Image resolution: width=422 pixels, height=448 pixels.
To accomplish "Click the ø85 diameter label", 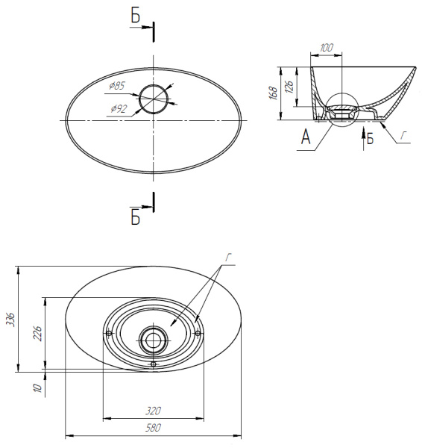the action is point(117,85).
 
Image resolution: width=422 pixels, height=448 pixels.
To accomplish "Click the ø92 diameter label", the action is point(119,108).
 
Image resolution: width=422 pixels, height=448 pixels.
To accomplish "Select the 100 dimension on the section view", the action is point(326,48).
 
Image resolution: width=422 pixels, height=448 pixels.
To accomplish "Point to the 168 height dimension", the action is point(273,93).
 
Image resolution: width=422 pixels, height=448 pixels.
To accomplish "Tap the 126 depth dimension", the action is point(289,87).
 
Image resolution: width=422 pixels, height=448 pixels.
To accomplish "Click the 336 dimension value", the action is point(10,319).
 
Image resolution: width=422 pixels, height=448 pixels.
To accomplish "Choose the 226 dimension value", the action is point(37,333).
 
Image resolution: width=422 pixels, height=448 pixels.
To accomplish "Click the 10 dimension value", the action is point(37,388).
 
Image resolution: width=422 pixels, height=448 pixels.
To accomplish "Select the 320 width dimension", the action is point(154,411).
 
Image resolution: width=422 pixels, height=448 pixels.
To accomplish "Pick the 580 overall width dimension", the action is point(154,428).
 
